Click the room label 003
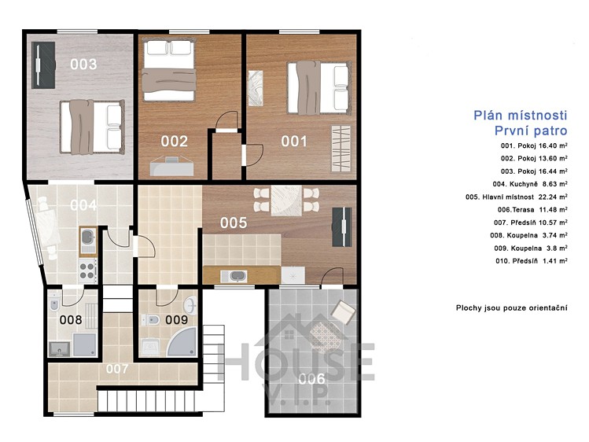83,64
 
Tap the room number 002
175,142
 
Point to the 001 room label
294,142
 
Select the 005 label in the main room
234,223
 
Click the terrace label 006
311,379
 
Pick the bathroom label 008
71,319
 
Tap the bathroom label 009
177,319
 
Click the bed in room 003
93,127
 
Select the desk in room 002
171,167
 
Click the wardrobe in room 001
341,149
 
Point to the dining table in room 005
286,200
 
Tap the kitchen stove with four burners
87,271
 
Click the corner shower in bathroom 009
182,342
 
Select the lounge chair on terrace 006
343,311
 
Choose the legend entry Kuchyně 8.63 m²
530,184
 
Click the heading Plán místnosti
521,115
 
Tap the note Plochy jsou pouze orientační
512,308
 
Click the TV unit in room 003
43,65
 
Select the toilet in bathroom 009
152,320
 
